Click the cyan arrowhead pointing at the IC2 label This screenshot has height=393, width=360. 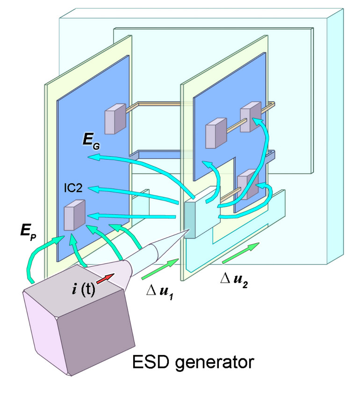pos(94,189)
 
